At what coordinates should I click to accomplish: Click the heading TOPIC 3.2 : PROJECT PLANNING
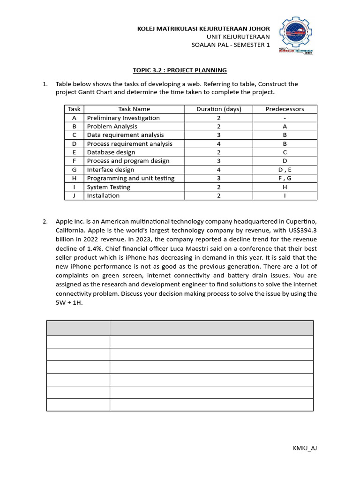[x=180, y=70]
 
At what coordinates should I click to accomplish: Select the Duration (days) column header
[x=218, y=109]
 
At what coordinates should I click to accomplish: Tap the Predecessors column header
[x=285, y=109]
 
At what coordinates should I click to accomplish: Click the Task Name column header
[x=134, y=109]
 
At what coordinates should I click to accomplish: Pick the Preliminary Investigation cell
[x=123, y=118]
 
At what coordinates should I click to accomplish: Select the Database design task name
[x=111, y=152]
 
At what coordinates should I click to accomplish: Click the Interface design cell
[x=111, y=170]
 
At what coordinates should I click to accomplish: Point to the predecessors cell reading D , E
[x=285, y=170]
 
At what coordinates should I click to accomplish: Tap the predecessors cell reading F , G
[x=285, y=178]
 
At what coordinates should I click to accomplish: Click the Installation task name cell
[x=103, y=195]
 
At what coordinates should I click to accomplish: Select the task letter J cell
[x=74, y=195]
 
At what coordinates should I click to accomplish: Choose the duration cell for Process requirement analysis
[x=218, y=144]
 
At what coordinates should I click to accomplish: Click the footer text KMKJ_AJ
[x=305, y=448]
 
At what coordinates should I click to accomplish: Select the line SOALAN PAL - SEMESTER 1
[x=231, y=45]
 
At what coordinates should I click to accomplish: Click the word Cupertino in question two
[x=301, y=221]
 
